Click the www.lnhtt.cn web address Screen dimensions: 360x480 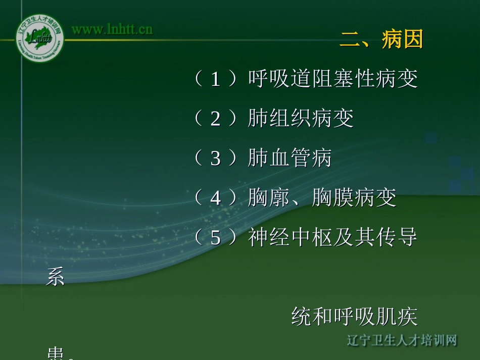pyautogui.click(x=112, y=29)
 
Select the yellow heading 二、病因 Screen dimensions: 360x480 pyautogui.click(x=381, y=39)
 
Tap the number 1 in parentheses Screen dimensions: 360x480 pyautogui.click(x=216, y=79)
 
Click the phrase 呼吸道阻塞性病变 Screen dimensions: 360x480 pyautogui.click(x=332, y=79)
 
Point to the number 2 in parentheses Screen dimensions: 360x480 pyautogui.click(x=216, y=119)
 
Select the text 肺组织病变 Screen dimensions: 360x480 pyautogui.click(x=301, y=119)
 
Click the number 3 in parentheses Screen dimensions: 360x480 pyautogui.click(x=216, y=158)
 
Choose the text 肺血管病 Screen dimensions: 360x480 pyautogui.click(x=290, y=158)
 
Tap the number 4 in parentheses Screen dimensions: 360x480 pyautogui.click(x=216, y=198)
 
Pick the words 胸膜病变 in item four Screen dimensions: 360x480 pyautogui.click(x=354, y=198)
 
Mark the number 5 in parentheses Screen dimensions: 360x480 pyautogui.click(x=216, y=237)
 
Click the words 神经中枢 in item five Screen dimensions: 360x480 pyautogui.click(x=290, y=237)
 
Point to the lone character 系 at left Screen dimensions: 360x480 pyautogui.click(x=56, y=277)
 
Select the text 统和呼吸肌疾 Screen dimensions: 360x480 pyautogui.click(x=354, y=317)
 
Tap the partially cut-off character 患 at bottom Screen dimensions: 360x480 pyautogui.click(x=56, y=354)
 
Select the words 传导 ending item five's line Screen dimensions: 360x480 pyautogui.click(x=397, y=237)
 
